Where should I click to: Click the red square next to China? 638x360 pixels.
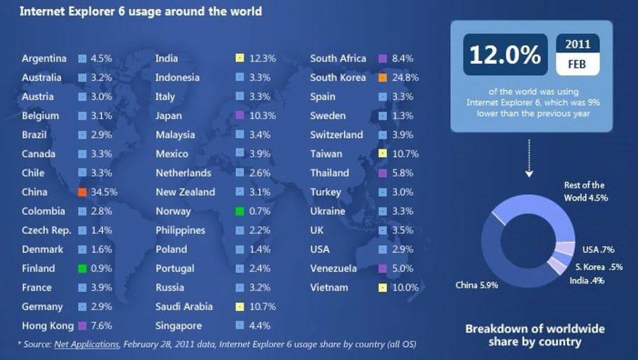point(82,192)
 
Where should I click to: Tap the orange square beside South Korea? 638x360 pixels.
point(382,77)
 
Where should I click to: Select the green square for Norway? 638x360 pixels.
point(240,211)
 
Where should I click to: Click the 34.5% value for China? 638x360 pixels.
point(104,192)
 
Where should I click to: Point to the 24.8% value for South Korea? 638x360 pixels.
point(404,77)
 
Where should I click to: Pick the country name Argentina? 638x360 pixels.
point(44,58)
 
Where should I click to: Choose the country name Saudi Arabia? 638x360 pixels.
point(186,307)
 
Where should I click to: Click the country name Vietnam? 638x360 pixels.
point(329,288)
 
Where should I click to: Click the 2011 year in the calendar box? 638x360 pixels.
point(577,44)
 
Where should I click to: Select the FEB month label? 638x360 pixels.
point(577,65)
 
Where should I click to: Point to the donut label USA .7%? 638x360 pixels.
point(598,249)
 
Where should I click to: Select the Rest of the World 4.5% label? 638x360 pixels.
point(586,191)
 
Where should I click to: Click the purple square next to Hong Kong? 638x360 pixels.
point(82,326)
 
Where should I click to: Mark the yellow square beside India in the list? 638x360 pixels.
point(240,58)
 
